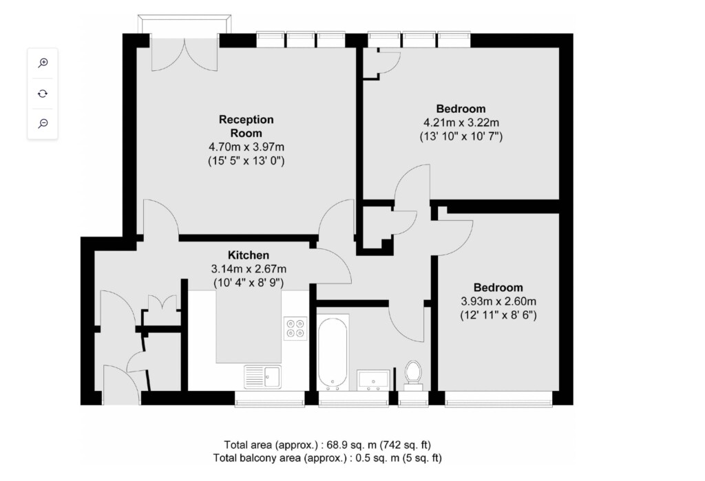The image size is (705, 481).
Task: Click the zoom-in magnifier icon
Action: click(x=43, y=63)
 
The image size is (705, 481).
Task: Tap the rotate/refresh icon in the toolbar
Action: click(x=43, y=94)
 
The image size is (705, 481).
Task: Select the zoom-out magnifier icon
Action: click(x=43, y=124)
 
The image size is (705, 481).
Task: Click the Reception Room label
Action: click(x=246, y=127)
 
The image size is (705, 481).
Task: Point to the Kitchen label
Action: click(x=248, y=255)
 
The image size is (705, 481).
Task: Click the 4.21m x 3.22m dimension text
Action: click(x=461, y=122)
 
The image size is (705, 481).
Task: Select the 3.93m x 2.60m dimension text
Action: click(x=498, y=301)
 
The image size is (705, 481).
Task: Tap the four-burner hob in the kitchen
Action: click(x=295, y=328)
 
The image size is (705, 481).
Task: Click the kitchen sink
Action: click(x=262, y=376)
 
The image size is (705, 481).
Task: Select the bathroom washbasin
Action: click(x=373, y=380)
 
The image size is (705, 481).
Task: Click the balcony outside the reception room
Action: click(x=185, y=24)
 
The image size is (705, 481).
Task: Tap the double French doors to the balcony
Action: click(x=185, y=54)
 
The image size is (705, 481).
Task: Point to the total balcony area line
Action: click(x=327, y=458)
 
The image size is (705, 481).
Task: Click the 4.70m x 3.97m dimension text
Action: click(x=246, y=147)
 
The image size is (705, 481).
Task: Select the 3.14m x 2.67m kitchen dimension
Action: click(x=249, y=269)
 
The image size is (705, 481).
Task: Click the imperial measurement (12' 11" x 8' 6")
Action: click(x=498, y=315)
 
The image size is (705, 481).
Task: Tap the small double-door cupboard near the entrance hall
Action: click(x=162, y=302)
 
